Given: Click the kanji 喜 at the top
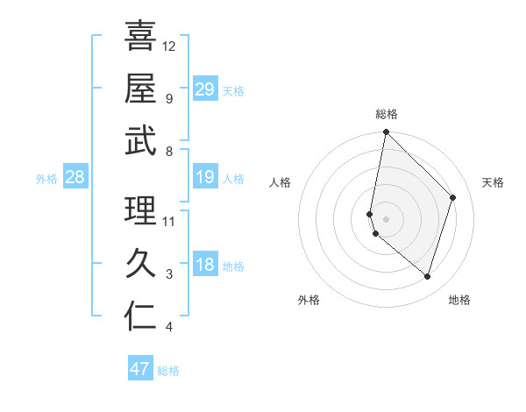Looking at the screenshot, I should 140,36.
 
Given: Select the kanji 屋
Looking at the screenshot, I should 140,88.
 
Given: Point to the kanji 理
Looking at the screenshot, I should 140,210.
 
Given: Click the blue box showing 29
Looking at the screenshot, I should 204,89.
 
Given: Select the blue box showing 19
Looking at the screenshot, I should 204,178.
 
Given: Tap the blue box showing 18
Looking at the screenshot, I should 204,266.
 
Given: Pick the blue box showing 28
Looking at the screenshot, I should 75,178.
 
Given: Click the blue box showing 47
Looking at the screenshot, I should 140,369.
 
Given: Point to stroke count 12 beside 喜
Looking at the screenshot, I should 169,46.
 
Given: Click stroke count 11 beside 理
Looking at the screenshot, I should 169,221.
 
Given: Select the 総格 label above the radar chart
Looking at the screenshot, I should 387,114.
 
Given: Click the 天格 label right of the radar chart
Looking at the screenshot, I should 494,182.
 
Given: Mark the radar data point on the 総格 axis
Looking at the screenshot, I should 387,132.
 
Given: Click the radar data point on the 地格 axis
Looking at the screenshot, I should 427,276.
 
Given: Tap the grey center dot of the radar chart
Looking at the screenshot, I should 387,218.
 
